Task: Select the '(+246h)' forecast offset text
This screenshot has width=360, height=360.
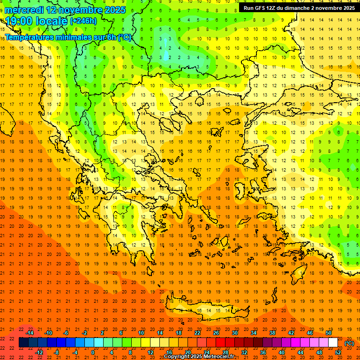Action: (x=83, y=21)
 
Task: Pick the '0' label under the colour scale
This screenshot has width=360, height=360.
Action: (x=92, y=352)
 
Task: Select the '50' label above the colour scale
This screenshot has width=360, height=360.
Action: (x=329, y=333)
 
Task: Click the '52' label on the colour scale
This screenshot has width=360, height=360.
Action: (x=337, y=352)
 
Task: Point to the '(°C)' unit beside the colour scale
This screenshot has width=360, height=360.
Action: (x=349, y=343)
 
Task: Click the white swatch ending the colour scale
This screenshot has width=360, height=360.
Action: (x=333, y=343)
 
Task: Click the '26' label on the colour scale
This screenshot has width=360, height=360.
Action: (x=216, y=333)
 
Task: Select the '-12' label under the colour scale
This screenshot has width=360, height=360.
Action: (x=39, y=352)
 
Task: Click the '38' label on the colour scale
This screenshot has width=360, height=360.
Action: (x=272, y=333)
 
